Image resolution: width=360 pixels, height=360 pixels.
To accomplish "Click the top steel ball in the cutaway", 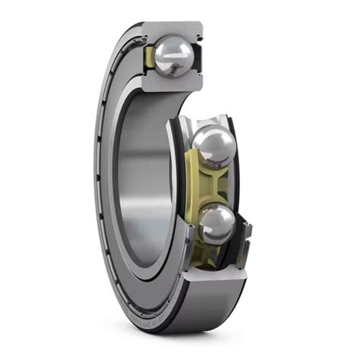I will (x=174, y=55).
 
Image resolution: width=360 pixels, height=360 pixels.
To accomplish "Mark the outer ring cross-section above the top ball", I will (x=173, y=30).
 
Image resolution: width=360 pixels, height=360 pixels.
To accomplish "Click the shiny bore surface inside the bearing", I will (x=141, y=175).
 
